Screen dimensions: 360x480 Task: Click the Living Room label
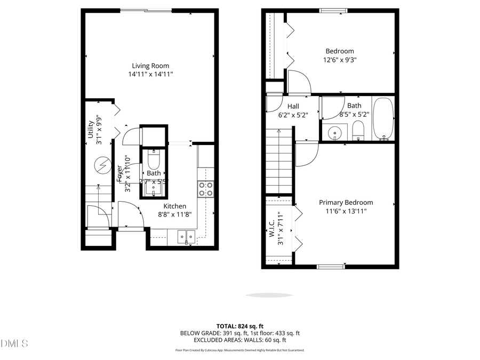click(x=150, y=66)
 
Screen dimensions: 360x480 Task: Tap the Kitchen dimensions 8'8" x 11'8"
click(x=174, y=214)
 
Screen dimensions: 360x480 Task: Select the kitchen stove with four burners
click(x=206, y=188)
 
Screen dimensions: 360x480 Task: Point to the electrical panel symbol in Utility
click(x=101, y=166)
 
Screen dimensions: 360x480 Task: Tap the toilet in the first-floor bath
click(x=154, y=159)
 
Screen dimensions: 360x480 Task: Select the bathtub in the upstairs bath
click(x=382, y=118)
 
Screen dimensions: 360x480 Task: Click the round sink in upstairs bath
click(x=335, y=131)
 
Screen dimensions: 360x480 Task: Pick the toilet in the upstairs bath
click(x=358, y=130)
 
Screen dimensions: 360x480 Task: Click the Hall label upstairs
click(x=293, y=106)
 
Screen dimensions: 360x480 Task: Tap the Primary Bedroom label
click(x=346, y=202)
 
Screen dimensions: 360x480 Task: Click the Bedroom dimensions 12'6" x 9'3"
click(x=340, y=60)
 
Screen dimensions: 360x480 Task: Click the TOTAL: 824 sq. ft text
click(x=239, y=326)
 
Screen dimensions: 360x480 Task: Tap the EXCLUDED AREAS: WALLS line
click(x=239, y=340)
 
